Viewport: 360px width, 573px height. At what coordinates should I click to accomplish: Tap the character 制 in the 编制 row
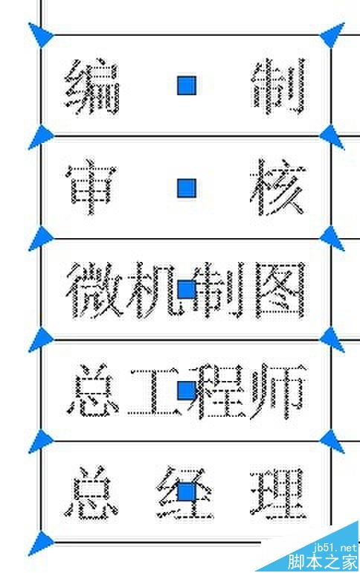(279, 86)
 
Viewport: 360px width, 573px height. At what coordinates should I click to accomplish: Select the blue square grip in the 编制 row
(187, 86)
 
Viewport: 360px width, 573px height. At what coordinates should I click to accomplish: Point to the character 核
(278, 187)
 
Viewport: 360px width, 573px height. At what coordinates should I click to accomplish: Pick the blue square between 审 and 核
(187, 188)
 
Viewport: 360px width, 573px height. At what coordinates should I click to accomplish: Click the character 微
(94, 290)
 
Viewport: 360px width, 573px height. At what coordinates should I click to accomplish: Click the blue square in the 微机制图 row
(187, 290)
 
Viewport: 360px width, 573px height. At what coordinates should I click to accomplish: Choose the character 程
(219, 391)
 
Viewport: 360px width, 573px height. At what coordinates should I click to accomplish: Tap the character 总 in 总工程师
(93, 390)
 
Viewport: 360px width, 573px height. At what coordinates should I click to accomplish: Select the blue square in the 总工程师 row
(187, 391)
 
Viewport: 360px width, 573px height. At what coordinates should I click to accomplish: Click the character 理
(278, 493)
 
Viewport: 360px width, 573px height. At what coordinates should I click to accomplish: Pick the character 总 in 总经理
(91, 493)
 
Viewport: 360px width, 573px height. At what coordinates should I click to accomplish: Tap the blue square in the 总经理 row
(187, 492)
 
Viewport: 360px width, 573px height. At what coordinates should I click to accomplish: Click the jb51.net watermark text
(335, 547)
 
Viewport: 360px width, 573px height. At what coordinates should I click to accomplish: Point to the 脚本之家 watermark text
(322, 562)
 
